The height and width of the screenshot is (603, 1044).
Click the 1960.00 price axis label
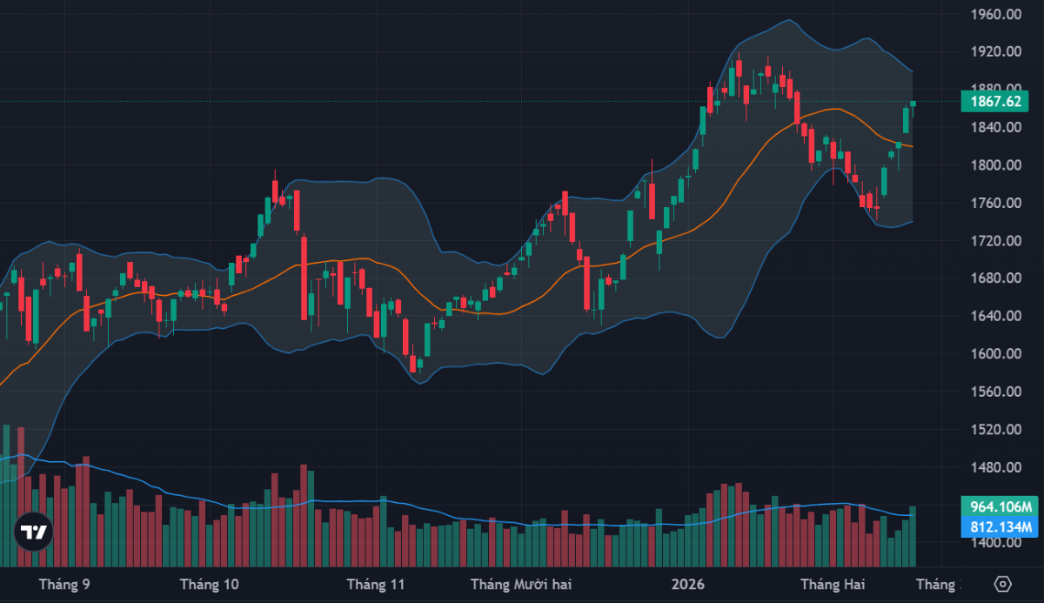[995, 14]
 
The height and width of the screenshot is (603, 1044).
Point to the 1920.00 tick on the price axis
[995, 52]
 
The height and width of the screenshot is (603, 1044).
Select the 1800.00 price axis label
[995, 165]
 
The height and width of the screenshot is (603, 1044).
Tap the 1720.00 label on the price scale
[995, 241]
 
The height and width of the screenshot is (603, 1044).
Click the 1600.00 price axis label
[995, 354]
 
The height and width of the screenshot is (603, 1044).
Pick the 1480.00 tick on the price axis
[995, 467]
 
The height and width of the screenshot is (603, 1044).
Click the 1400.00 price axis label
[995, 543]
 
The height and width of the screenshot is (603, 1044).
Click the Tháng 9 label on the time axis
[65, 584]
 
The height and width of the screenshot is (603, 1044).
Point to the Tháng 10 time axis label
[208, 584]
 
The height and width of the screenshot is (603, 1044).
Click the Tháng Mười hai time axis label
[521, 584]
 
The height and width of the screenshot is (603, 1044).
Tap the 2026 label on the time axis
[688, 584]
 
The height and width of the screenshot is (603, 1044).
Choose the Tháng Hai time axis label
[832, 584]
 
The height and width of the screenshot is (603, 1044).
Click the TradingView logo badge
[34, 533]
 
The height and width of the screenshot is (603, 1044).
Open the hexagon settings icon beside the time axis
[1002, 584]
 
